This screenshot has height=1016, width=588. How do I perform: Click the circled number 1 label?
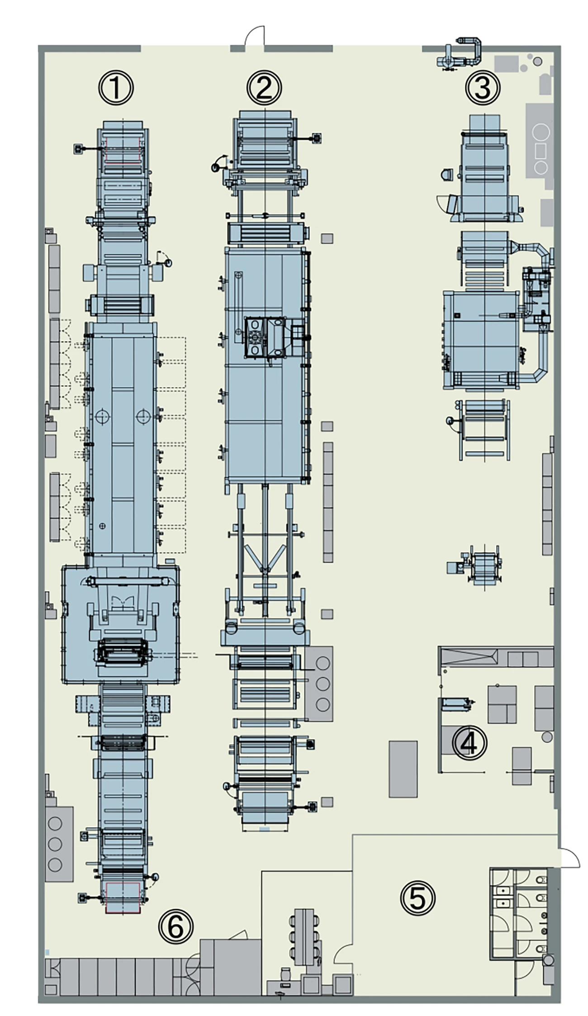pos(116,88)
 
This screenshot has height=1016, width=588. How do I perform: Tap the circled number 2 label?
pos(264,88)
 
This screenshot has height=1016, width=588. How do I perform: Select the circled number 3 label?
pos(483,88)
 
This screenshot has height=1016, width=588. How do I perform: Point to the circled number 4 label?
pos(469,743)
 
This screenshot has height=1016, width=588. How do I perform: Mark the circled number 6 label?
pos(175,926)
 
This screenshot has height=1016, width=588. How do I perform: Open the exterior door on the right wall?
pos(569,858)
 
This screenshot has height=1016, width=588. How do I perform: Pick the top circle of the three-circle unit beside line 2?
pos(323,663)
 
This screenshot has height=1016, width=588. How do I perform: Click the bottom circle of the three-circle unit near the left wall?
pos(55,864)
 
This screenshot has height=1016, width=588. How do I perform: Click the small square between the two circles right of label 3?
pos(541,150)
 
